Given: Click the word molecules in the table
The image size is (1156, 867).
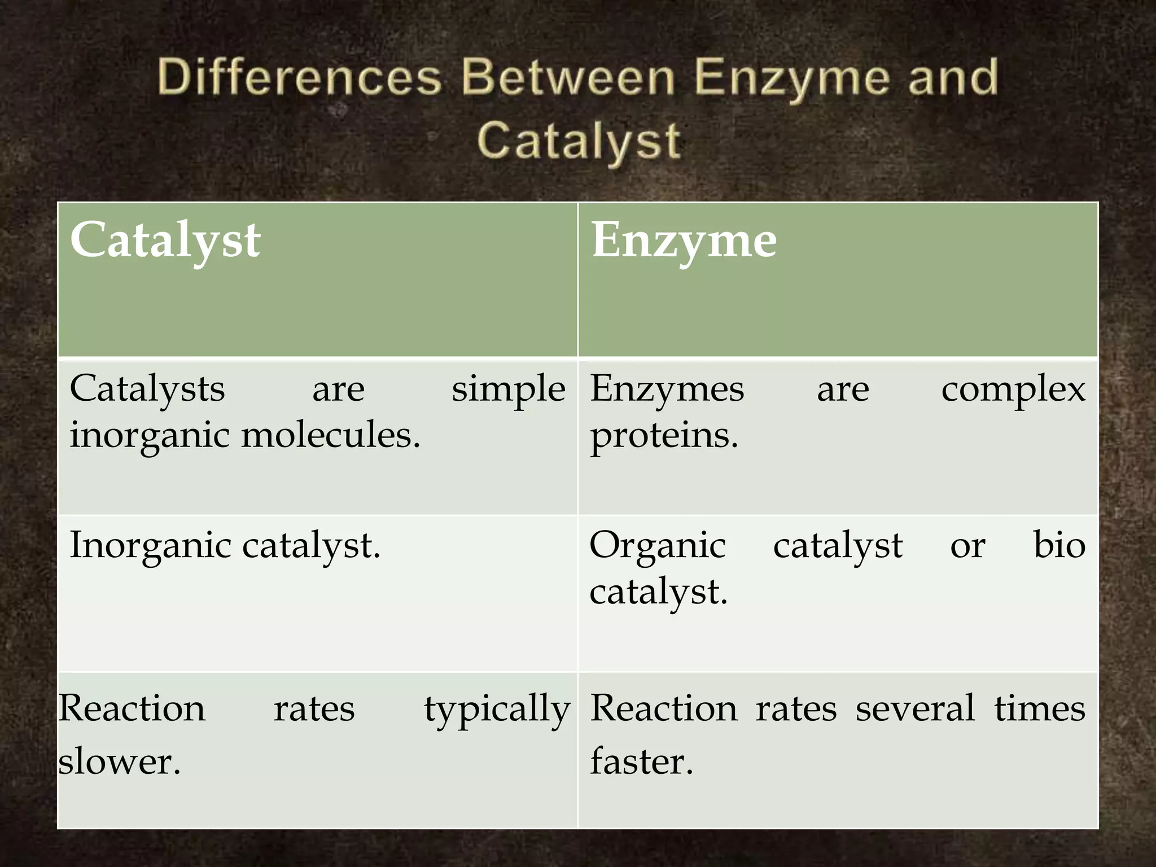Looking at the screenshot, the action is (331, 435).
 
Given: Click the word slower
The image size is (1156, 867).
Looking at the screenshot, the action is (120, 760).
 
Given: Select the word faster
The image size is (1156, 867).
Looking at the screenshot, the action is (641, 760).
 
